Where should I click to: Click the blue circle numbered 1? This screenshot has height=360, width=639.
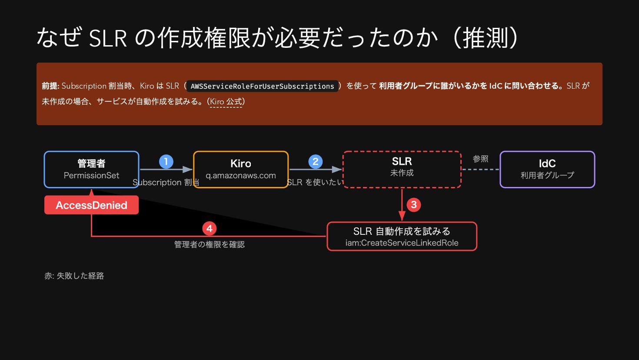[166, 162]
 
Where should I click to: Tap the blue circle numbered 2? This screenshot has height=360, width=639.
[316, 162]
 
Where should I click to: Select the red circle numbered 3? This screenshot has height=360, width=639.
[414, 205]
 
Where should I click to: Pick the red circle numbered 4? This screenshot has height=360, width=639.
[210, 229]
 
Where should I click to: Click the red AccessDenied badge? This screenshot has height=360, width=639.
[91, 205]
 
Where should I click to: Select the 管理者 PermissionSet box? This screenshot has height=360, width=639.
[91, 169]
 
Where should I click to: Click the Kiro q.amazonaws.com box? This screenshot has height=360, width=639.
[241, 169]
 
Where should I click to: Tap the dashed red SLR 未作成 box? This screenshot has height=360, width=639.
[402, 169]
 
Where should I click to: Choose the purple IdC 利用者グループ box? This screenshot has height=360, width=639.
[547, 169]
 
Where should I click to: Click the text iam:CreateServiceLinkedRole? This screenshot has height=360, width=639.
[402, 243]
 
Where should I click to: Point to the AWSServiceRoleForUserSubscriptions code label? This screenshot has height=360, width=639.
[262, 86]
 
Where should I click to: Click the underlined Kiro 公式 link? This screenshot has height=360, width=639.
[226, 102]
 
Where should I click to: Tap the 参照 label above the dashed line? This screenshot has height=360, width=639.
[480, 159]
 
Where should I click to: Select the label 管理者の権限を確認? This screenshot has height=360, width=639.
[210, 245]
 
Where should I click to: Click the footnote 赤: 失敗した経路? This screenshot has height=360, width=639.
[74, 276]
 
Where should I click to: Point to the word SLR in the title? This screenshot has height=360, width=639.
[108, 38]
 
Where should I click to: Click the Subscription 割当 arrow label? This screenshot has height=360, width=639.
[166, 183]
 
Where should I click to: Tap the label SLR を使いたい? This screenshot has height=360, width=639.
[315, 183]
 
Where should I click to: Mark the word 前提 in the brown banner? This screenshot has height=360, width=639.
[50, 86]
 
